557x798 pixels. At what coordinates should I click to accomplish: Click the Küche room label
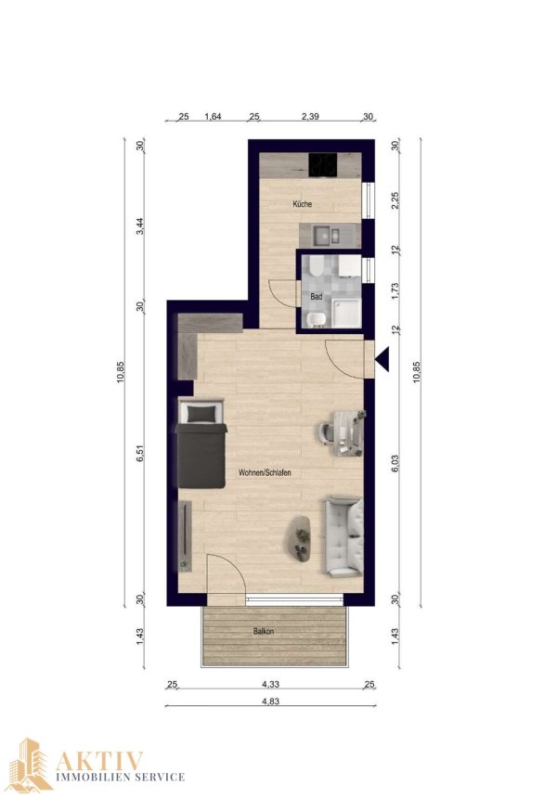(x=302, y=204)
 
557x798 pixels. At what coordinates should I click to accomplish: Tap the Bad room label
(x=317, y=296)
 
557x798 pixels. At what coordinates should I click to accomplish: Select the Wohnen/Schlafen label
(x=265, y=473)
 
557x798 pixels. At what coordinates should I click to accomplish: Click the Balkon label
(x=264, y=632)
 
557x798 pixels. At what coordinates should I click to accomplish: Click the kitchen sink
(x=327, y=235)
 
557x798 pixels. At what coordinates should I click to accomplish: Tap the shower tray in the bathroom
(x=346, y=313)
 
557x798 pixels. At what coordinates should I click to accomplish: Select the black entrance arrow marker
(x=382, y=359)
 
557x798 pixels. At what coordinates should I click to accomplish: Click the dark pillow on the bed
(x=201, y=414)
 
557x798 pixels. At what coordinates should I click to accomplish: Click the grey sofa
(x=343, y=537)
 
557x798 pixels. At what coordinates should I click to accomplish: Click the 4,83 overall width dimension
(x=270, y=701)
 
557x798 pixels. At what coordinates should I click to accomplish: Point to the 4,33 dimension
(x=270, y=685)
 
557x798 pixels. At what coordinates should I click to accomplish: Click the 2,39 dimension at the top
(x=310, y=117)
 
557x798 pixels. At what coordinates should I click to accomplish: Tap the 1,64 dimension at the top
(x=213, y=117)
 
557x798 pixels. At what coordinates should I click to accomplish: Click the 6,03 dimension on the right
(x=395, y=464)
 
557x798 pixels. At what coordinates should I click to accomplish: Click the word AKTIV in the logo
(x=99, y=761)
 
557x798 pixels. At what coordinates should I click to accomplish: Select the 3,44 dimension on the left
(x=140, y=225)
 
